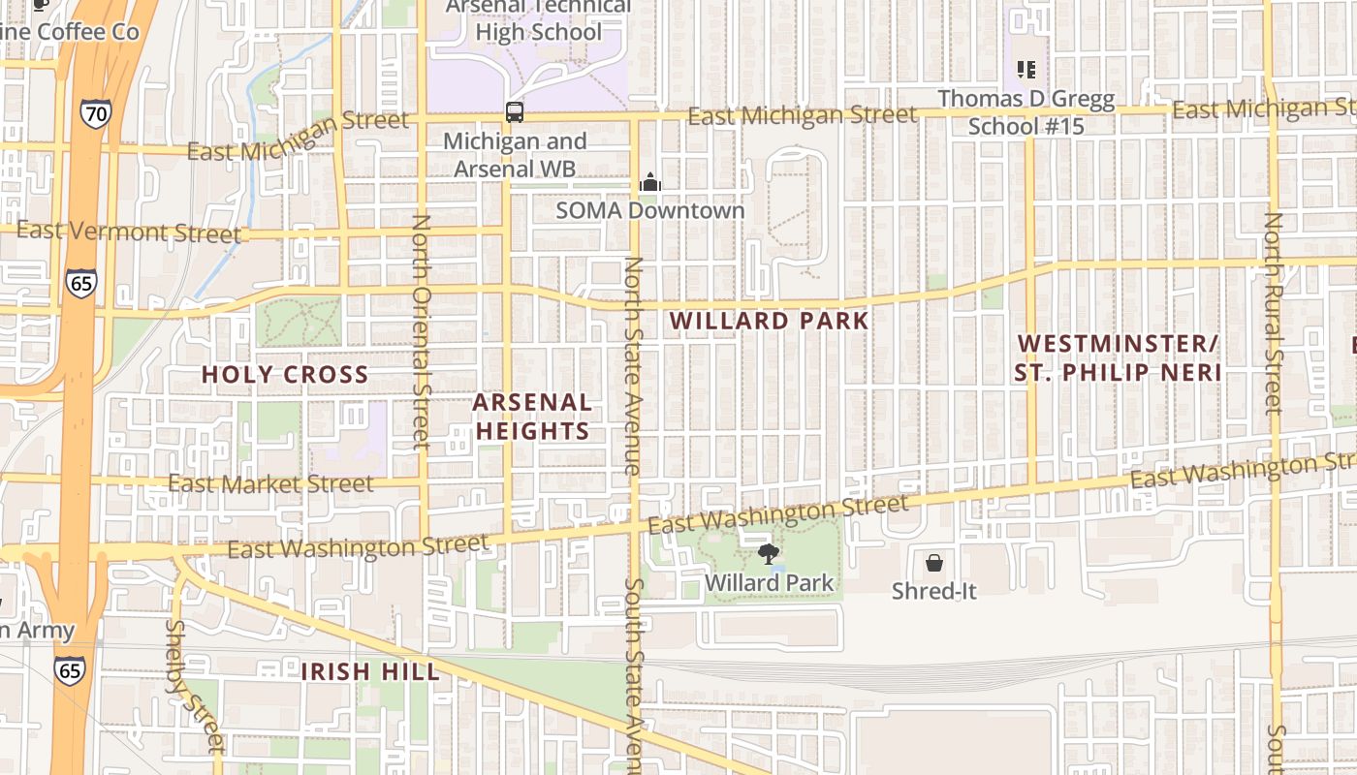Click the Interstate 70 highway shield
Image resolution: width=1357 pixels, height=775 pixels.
pyautogui.click(x=95, y=114)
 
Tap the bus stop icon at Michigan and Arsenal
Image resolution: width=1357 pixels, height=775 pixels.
pyautogui.click(x=515, y=111)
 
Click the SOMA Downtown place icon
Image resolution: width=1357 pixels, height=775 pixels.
pyautogui.click(x=649, y=182)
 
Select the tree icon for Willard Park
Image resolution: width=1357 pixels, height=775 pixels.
pyautogui.click(x=769, y=554)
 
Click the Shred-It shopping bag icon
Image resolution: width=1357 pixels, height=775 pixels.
pyautogui.click(x=934, y=562)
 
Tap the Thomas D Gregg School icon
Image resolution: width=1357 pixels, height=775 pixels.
pyautogui.click(x=1026, y=70)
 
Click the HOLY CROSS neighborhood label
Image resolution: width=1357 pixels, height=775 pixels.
pyautogui.click(x=285, y=375)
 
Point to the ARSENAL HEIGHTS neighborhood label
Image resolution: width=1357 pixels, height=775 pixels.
pyautogui.click(x=532, y=417)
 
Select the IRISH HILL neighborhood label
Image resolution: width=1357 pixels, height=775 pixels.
pyautogui.click(x=369, y=671)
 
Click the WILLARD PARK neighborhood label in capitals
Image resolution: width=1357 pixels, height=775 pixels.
pyautogui.click(x=769, y=321)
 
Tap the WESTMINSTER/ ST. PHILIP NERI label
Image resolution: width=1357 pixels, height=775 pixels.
pyautogui.click(x=1118, y=357)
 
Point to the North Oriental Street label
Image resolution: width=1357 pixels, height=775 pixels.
pyautogui.click(x=421, y=332)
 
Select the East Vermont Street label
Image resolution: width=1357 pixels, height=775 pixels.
pyautogui.click(x=129, y=232)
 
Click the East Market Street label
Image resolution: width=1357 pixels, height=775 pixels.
pyautogui.click(x=270, y=483)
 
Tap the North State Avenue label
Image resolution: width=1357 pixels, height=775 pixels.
pyautogui.click(x=633, y=365)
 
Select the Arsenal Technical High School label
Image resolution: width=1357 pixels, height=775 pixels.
pyautogui.click(x=539, y=19)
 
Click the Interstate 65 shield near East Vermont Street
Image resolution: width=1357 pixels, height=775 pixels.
pyautogui.click(x=81, y=283)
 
